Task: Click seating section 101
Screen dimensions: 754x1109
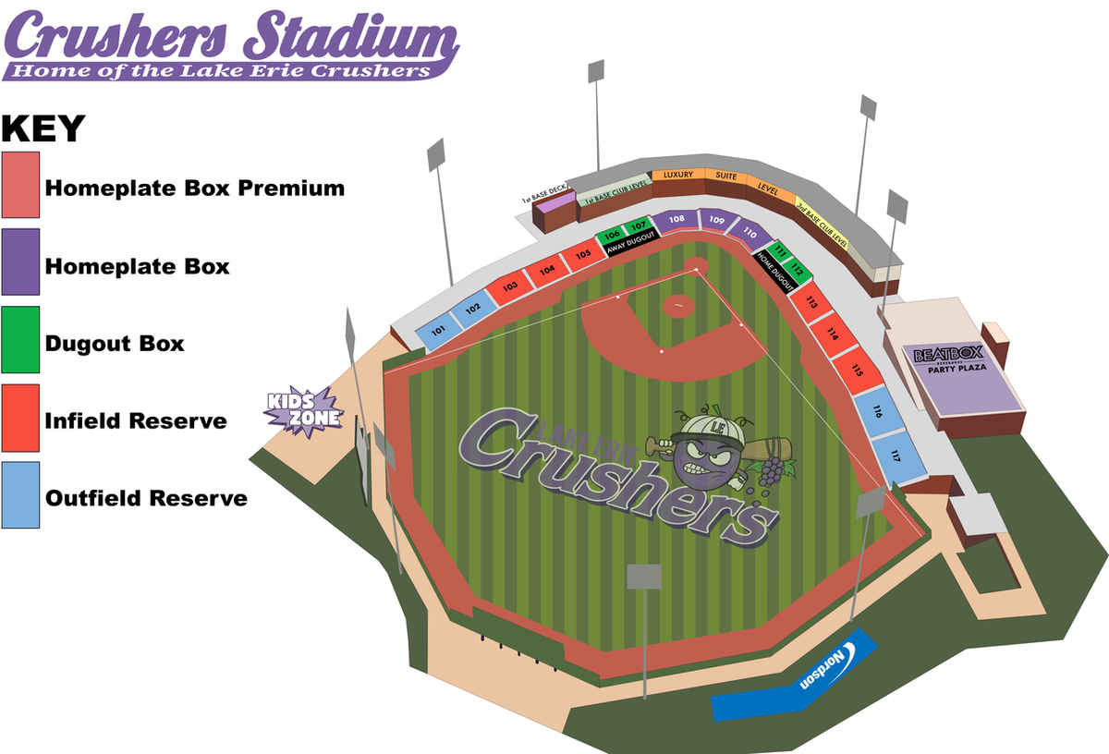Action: point(438,330)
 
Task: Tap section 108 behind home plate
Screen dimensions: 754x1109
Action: point(676,220)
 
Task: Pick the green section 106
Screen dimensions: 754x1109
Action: point(612,236)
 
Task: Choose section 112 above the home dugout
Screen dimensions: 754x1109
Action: point(798,269)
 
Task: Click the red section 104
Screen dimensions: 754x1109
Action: point(548,270)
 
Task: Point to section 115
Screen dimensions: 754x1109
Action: point(857,371)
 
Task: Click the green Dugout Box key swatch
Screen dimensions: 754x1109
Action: point(20,340)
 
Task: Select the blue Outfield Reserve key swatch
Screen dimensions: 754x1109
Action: point(20,495)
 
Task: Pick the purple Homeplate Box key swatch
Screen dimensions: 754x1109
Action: point(20,262)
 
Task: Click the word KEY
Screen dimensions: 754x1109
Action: point(43,129)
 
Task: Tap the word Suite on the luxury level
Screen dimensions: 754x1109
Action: point(726,176)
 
